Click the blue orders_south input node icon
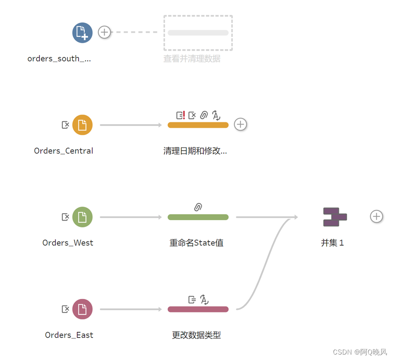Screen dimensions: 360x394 click(x=82, y=33)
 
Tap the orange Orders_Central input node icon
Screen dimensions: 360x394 click(x=82, y=125)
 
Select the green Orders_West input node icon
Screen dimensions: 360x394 click(x=82, y=217)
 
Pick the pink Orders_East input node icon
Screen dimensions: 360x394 click(x=82, y=309)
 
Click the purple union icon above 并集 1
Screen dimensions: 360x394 click(x=335, y=217)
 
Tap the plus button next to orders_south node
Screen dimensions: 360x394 click(x=105, y=32)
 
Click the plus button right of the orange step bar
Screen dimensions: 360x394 click(x=240, y=124)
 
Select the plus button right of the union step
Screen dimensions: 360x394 click(x=376, y=216)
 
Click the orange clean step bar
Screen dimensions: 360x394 click(x=198, y=125)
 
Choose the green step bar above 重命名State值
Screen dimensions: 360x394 click(x=198, y=217)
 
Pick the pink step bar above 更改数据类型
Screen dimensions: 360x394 click(x=198, y=309)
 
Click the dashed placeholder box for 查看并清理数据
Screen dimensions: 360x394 click(x=198, y=33)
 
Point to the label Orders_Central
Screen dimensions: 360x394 click(x=63, y=151)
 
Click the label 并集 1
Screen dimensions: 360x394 click(x=333, y=243)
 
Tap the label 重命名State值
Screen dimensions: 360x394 click(x=196, y=243)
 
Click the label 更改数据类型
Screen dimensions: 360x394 click(x=196, y=335)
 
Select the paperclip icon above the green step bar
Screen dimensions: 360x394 click(x=198, y=207)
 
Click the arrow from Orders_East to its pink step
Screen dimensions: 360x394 click(x=131, y=309)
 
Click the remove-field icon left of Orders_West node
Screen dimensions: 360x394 click(x=66, y=217)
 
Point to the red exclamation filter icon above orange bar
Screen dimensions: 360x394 click(x=180, y=115)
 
